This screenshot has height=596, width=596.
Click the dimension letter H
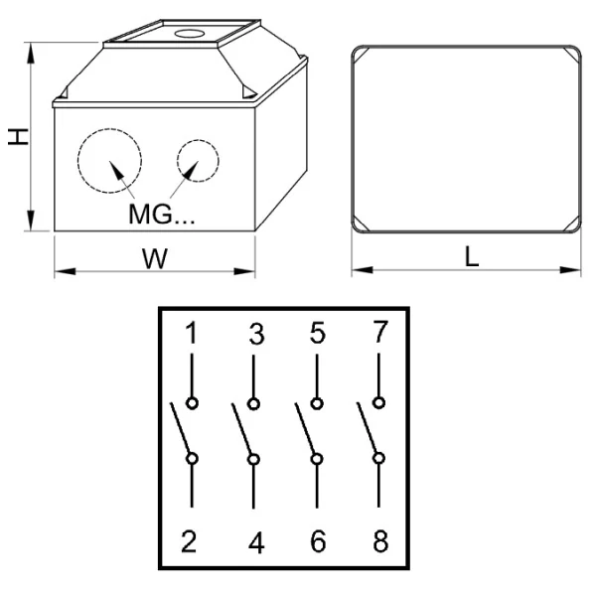(x=18, y=137)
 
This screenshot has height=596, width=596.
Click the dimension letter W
(x=155, y=259)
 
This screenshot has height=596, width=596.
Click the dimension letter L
(x=472, y=256)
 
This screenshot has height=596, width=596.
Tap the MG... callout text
(x=162, y=214)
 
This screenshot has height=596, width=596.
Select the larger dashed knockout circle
(x=77, y=161)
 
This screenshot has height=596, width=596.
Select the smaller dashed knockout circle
(x=177, y=161)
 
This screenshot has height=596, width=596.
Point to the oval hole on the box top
(x=190, y=34)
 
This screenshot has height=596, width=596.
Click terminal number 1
(x=192, y=333)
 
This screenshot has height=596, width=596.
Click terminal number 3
(x=256, y=334)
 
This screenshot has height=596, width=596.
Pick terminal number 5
(x=318, y=333)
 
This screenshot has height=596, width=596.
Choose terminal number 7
(x=380, y=332)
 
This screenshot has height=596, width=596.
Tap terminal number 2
(x=189, y=541)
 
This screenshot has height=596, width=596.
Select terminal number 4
(x=256, y=542)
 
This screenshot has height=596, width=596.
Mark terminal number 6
(x=318, y=541)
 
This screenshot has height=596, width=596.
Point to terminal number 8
(x=380, y=541)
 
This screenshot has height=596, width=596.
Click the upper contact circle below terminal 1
(x=192, y=403)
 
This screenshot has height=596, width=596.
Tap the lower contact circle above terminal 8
(x=378, y=458)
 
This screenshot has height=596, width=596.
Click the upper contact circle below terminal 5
(x=317, y=403)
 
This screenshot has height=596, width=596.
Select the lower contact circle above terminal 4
(x=253, y=460)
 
